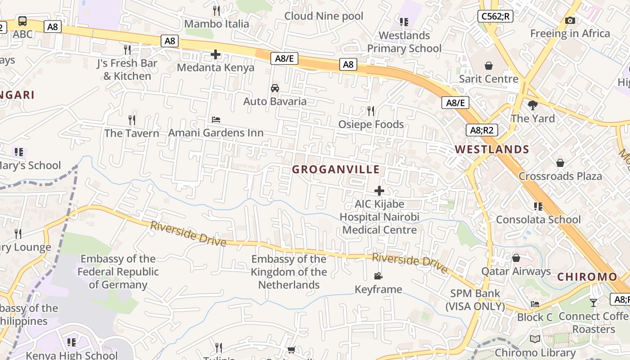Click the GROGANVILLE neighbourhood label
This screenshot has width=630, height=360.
336,170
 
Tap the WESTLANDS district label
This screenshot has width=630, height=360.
492,149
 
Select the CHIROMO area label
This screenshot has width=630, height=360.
587,277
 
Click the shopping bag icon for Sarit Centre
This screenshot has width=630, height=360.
489,66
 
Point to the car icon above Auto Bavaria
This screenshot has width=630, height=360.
275,88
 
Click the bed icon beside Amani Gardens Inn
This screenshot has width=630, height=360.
216,120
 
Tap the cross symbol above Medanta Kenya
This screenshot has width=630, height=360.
216,55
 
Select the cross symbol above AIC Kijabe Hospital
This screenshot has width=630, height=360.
379,191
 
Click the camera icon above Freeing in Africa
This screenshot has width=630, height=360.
570,21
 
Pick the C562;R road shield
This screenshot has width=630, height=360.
495,17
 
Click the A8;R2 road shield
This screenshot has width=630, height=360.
482,130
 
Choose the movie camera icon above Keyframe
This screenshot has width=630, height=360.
378,276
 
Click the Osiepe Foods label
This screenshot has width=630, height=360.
371,124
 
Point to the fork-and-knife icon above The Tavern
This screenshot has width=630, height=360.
132,120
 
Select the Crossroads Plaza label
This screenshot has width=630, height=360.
560,176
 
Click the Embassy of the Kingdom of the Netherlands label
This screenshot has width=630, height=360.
289,272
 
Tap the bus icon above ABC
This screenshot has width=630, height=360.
22,21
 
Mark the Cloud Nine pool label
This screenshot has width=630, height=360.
324,16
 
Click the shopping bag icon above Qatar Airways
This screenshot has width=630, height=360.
516,258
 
